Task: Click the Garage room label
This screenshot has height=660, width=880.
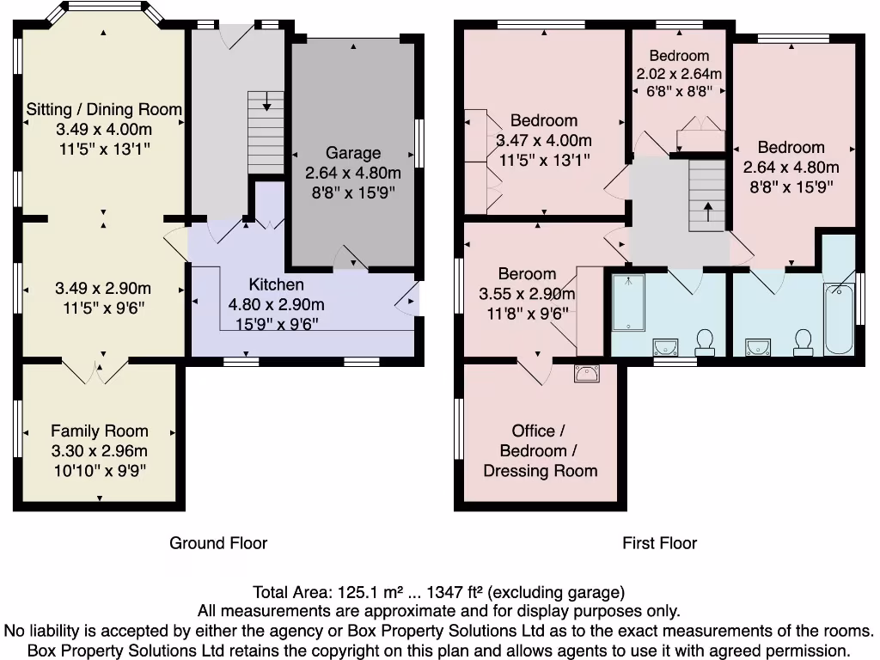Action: pos(353,153)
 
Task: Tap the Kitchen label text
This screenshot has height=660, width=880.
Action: pos(276,284)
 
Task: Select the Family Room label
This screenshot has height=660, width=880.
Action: pos(99,431)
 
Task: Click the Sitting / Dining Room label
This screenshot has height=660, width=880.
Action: pos(104,109)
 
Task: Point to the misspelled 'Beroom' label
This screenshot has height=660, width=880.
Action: pos(527,274)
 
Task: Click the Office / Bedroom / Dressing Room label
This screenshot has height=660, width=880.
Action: pos(540,450)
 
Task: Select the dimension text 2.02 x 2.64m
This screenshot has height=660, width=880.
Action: pos(679,74)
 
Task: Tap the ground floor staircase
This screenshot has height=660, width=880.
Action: pos(266,133)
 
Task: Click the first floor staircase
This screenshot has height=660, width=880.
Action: pos(707,199)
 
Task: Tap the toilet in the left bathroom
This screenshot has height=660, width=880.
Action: pos(706,342)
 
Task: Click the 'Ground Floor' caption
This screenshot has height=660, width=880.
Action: pos(218,543)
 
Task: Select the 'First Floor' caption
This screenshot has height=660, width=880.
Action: pos(659,543)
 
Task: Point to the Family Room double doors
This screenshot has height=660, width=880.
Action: pos(101,370)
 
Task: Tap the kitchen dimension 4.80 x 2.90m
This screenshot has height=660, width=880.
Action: pos(276,304)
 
